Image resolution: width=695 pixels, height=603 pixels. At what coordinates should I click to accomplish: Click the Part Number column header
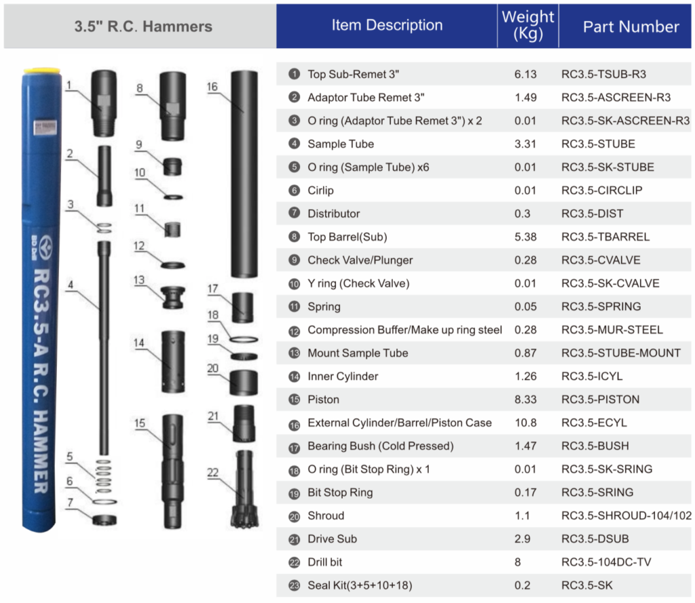click(631, 26)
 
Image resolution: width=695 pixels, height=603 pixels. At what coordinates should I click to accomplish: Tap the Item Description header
click(387, 26)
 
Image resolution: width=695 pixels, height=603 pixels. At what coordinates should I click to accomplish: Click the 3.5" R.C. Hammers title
click(143, 27)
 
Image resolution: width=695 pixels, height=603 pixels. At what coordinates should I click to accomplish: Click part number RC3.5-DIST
click(592, 214)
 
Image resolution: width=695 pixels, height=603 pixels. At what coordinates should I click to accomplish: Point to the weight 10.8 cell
click(525, 423)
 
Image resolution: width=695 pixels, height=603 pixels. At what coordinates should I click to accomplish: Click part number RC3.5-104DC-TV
click(606, 562)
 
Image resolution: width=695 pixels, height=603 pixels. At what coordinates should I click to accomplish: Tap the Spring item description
click(324, 307)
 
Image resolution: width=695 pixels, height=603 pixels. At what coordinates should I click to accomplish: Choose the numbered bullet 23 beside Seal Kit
click(294, 585)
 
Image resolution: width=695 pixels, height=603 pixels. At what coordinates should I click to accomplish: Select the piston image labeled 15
click(173, 469)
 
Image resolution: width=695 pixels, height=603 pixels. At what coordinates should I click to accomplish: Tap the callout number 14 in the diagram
click(139, 343)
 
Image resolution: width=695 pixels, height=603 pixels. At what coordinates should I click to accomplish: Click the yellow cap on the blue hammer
click(42, 71)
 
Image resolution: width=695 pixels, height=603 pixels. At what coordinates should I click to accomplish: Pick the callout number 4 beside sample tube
click(70, 285)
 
